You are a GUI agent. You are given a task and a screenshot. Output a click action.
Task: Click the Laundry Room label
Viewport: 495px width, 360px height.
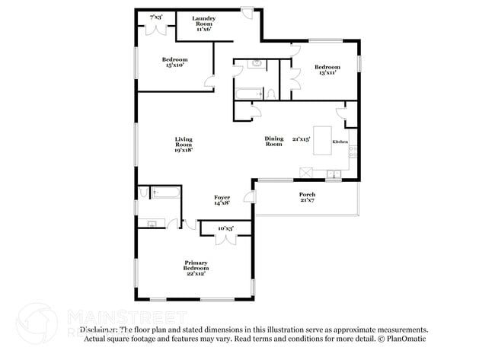coord(203,24)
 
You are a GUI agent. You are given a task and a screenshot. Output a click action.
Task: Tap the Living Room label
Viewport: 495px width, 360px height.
coord(183,145)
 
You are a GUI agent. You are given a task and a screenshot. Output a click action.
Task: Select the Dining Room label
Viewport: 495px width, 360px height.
coord(273,141)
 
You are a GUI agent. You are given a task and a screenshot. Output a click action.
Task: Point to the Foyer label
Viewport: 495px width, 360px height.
coord(222,200)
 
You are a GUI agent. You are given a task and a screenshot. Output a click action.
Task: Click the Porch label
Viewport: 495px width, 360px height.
coord(307,197)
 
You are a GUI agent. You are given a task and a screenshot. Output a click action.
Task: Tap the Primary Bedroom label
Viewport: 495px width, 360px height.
coord(196,266)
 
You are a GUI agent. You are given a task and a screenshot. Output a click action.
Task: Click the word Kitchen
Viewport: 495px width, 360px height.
coord(340,142)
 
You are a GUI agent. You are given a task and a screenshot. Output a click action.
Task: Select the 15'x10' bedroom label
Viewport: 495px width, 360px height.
coord(174,62)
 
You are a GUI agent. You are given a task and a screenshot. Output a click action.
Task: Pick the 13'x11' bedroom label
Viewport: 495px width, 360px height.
coord(327,70)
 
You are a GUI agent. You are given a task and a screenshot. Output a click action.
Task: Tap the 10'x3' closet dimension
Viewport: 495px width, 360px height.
coord(225,228)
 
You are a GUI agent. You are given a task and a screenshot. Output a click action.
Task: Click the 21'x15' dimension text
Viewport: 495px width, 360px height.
coord(302,139)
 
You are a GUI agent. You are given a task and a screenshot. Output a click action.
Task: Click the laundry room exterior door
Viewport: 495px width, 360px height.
coord(248,14)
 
